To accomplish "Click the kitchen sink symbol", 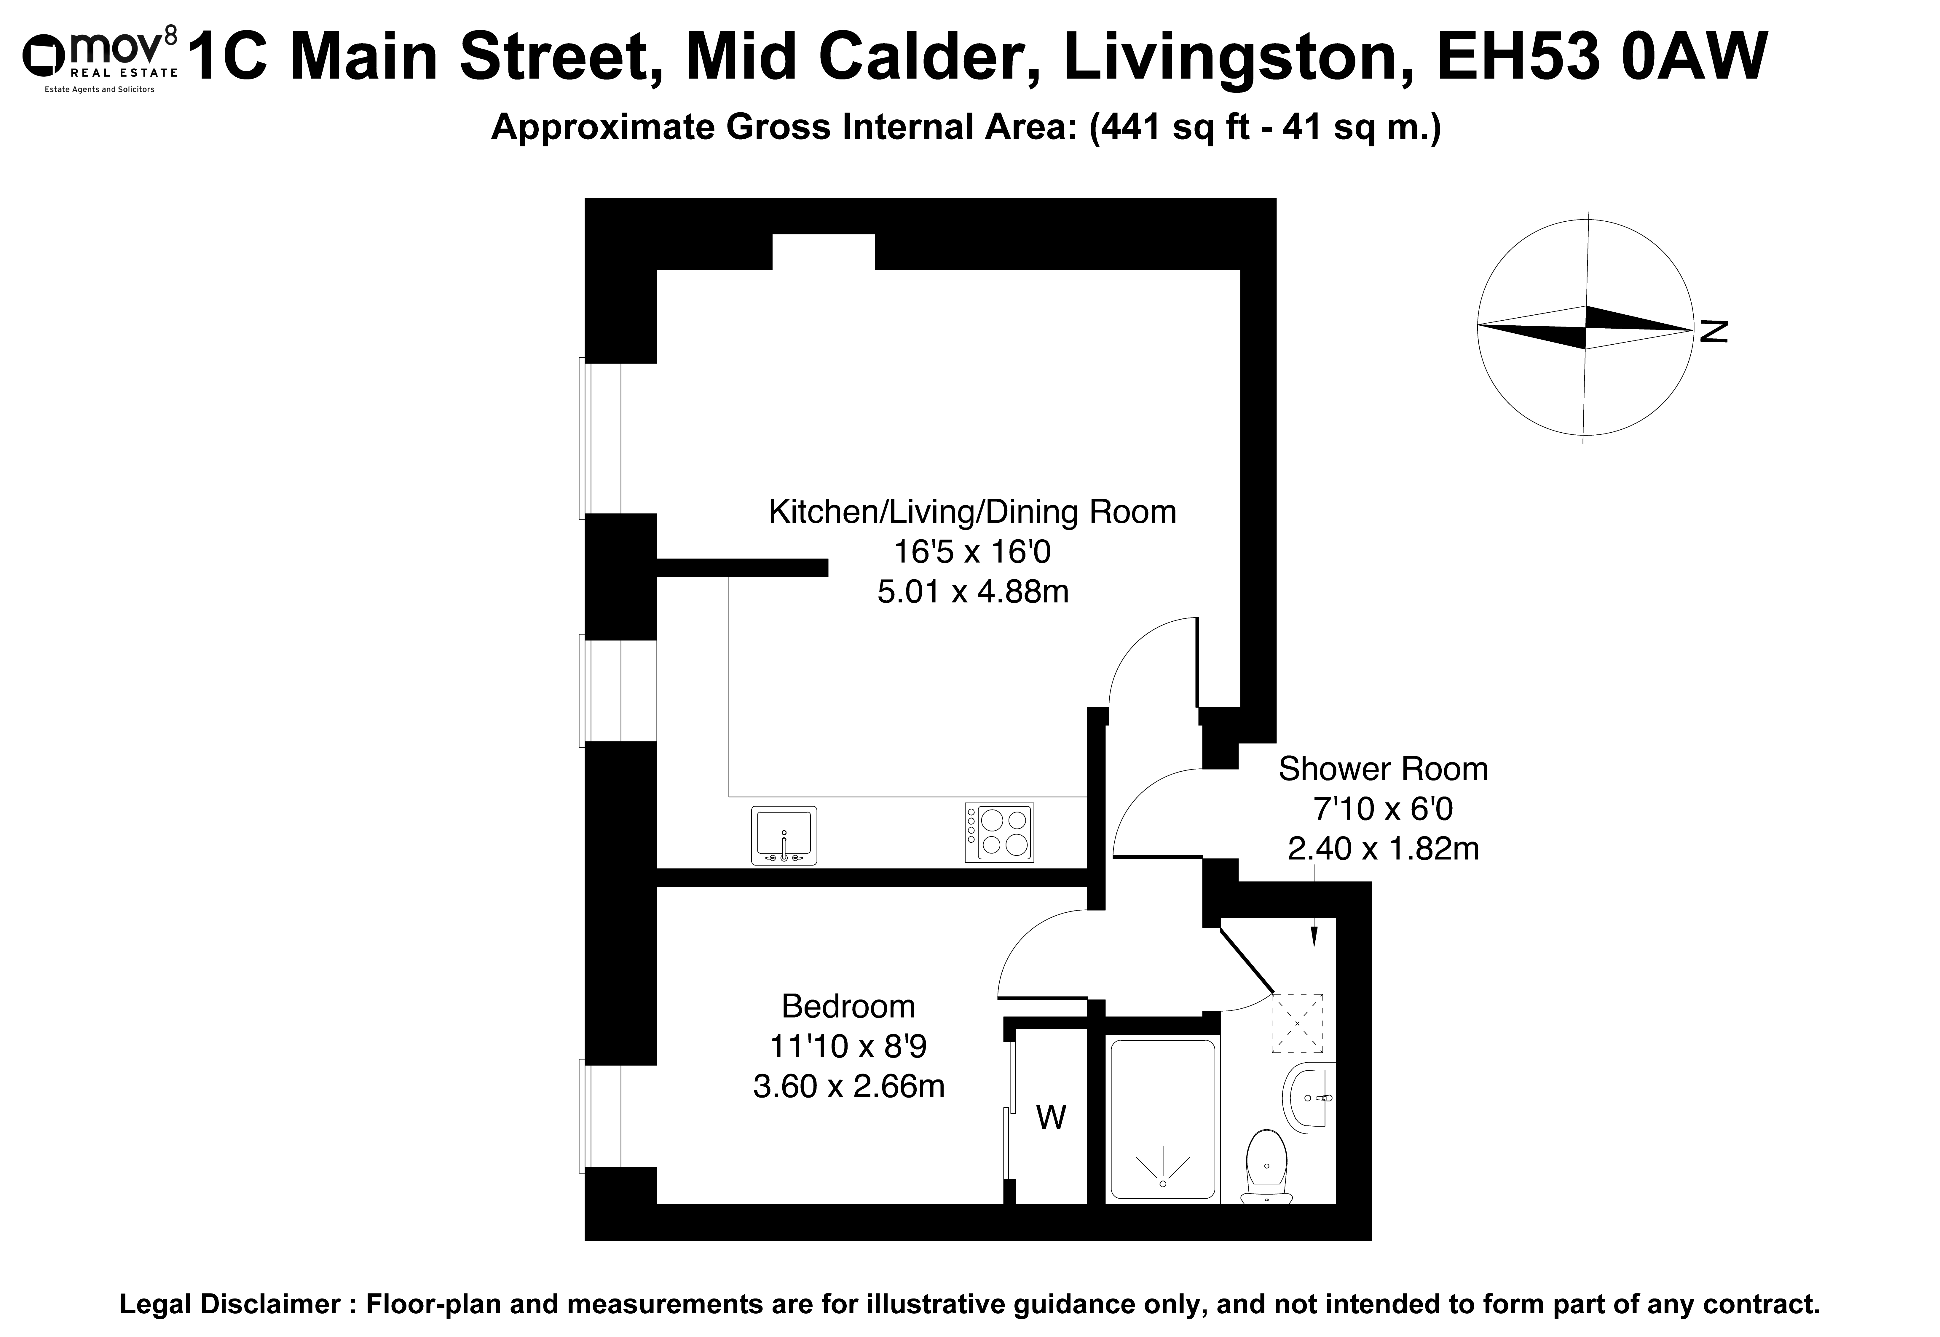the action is pyautogui.click(x=784, y=835).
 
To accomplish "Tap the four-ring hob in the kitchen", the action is pyautogui.click(x=999, y=833).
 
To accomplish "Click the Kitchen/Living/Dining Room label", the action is pyautogui.click(x=972, y=512).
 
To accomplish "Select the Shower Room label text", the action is pyautogui.click(x=1383, y=769).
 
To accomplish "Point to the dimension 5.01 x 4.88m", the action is pyautogui.click(x=973, y=592).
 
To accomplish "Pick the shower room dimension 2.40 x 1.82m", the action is pyautogui.click(x=1383, y=850).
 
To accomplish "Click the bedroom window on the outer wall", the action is pyautogui.click(x=600, y=1116).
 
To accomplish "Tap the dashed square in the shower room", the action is pyautogui.click(x=1297, y=1023).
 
